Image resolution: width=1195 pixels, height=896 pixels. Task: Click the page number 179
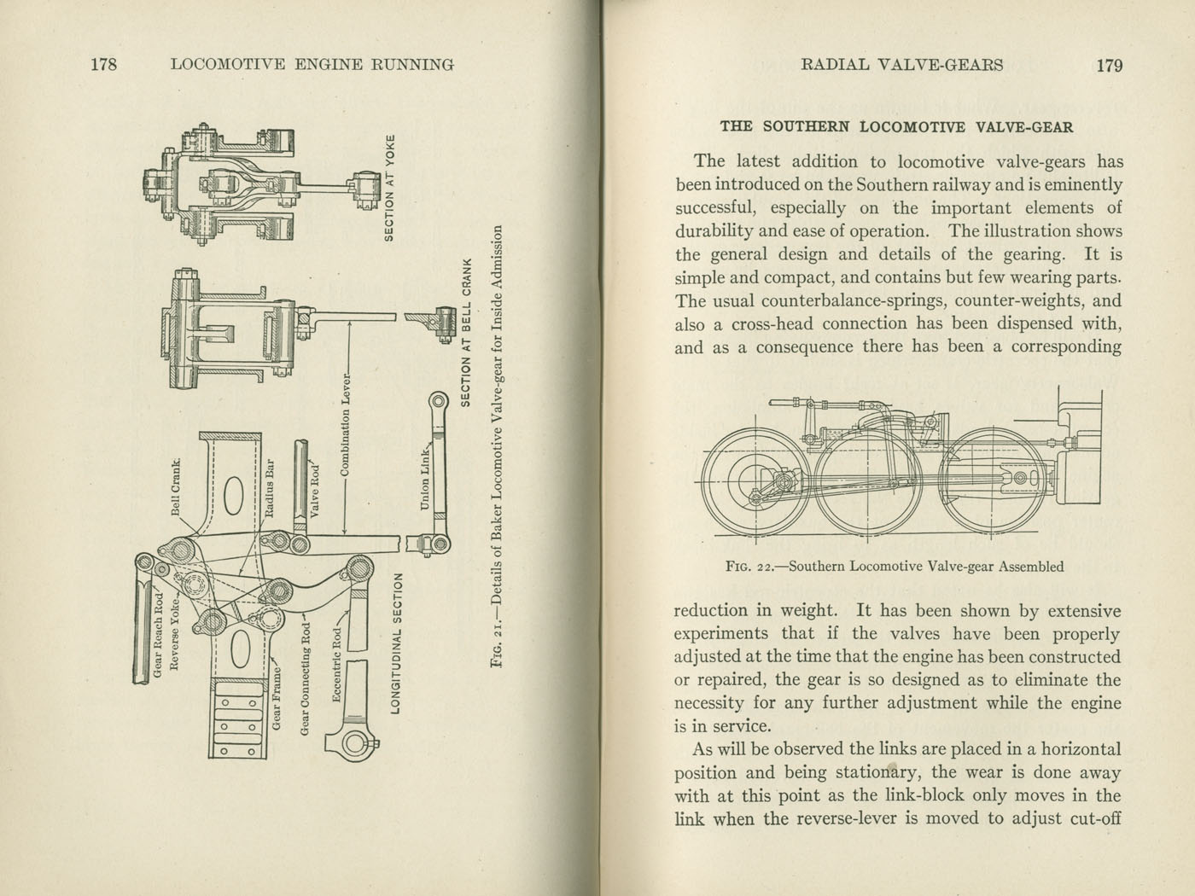pyautogui.click(x=1109, y=66)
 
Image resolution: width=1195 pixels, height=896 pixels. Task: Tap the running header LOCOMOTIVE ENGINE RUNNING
pyautogui.click(x=312, y=65)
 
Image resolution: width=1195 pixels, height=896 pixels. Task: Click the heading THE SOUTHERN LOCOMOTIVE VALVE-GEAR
pyautogui.click(x=896, y=127)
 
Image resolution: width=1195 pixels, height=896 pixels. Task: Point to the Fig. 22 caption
pyautogui.click(x=895, y=566)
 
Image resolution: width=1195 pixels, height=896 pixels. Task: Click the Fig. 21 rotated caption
pyautogui.click(x=500, y=448)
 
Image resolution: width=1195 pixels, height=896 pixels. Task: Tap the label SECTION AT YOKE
pyautogui.click(x=389, y=187)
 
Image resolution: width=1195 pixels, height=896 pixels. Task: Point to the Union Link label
pyautogui.click(x=425, y=480)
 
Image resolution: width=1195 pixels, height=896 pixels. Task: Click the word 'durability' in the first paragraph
pyautogui.click(x=716, y=231)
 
